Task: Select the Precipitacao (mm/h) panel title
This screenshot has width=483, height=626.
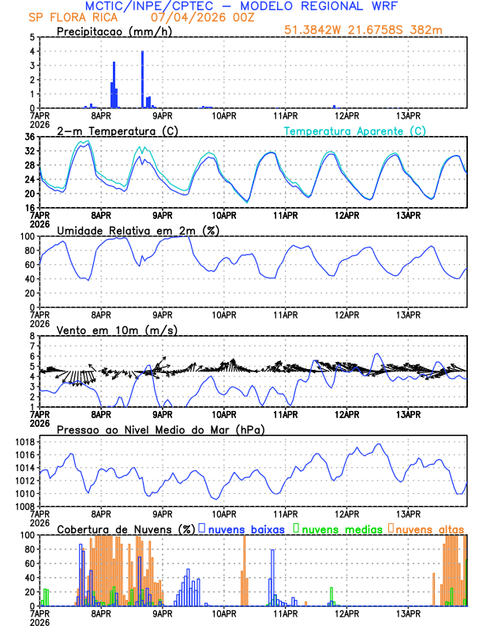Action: click(110, 31)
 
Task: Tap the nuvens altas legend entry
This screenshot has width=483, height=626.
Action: click(429, 529)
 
